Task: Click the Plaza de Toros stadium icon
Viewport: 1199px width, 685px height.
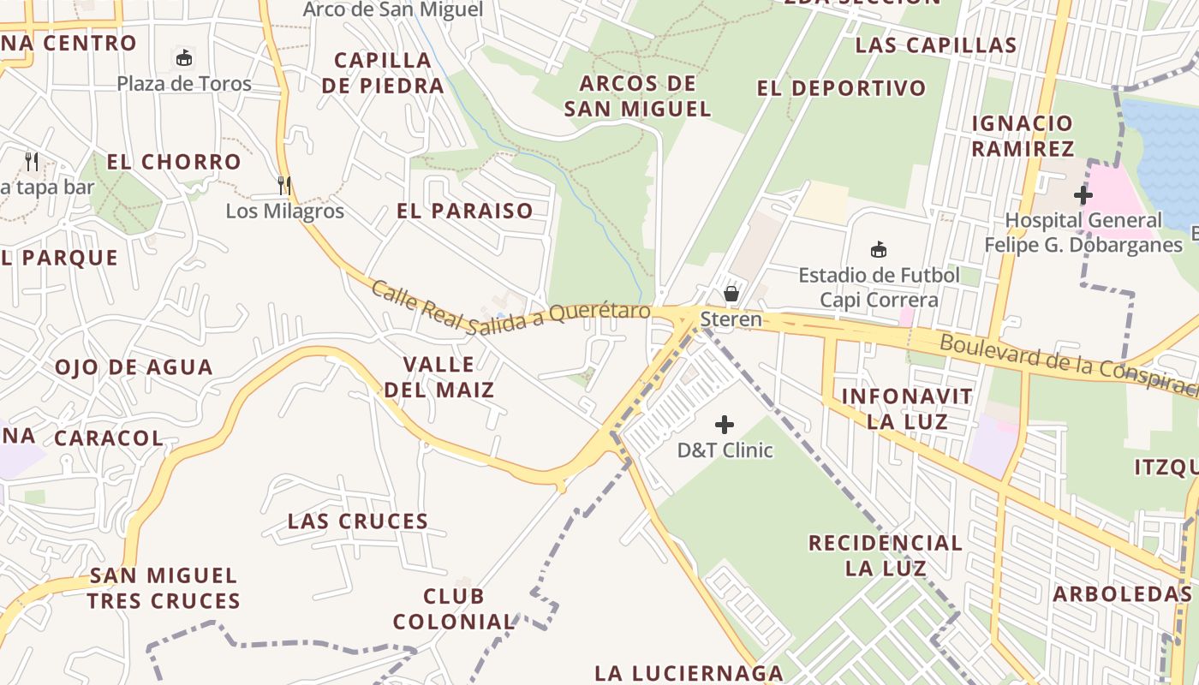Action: click(183, 59)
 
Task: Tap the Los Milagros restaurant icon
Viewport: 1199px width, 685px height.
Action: click(284, 185)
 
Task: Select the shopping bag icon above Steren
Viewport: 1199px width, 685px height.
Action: click(731, 294)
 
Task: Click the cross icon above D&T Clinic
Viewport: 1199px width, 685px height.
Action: click(725, 425)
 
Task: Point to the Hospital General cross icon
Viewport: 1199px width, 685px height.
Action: click(1083, 195)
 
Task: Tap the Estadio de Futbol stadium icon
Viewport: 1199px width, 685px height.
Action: click(878, 250)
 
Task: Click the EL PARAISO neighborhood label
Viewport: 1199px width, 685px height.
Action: click(464, 211)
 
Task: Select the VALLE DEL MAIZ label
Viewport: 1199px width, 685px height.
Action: click(438, 378)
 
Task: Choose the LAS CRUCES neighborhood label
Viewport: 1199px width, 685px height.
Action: click(357, 521)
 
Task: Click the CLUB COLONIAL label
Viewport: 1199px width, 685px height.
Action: click(454, 609)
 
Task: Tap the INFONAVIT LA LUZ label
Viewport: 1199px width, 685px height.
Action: click(907, 408)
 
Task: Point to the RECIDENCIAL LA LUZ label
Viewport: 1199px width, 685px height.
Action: click(886, 555)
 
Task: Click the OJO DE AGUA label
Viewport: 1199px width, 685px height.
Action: click(134, 367)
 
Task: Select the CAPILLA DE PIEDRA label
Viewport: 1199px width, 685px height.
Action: click(389, 73)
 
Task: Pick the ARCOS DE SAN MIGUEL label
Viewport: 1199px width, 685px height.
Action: click(638, 96)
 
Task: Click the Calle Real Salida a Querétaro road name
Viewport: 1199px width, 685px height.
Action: click(510, 307)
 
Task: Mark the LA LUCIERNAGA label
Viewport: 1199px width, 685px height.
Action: click(689, 673)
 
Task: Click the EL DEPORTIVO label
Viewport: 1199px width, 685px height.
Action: click(841, 88)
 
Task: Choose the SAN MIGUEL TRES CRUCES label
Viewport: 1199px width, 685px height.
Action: click(163, 587)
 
